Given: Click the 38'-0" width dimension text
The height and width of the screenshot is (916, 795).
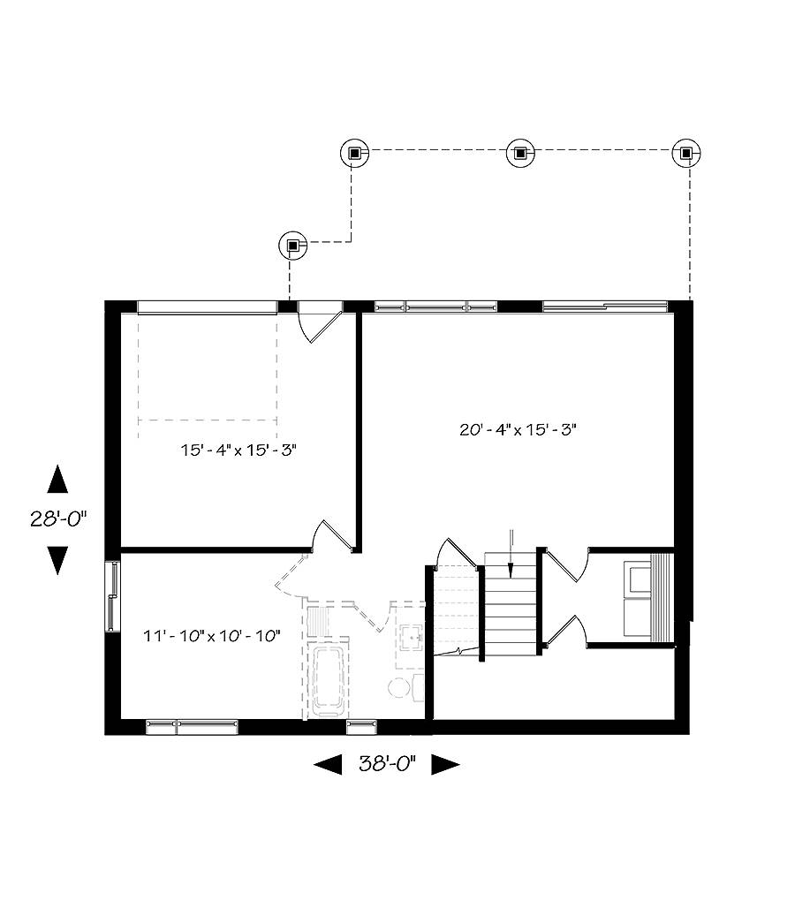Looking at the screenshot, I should (386, 764).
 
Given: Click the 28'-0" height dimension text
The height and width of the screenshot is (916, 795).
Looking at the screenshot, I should (60, 519).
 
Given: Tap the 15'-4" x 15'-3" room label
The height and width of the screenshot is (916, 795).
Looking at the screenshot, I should (238, 450).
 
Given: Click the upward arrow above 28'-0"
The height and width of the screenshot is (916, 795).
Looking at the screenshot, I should (57, 480).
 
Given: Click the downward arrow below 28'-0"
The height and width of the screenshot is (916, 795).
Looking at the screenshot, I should (57, 560).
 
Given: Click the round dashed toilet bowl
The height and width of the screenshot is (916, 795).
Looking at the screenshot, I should (399, 688).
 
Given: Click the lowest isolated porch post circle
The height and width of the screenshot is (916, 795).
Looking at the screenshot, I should (292, 245).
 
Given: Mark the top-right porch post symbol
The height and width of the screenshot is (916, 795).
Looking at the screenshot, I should (686, 153).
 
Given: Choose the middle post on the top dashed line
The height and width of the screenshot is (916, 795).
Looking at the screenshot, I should (520, 153).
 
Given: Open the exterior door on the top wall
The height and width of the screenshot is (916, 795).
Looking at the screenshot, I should (318, 321).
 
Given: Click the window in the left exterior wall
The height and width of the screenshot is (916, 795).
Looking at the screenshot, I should (112, 597).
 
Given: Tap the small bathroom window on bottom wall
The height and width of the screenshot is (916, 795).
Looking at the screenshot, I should (361, 727).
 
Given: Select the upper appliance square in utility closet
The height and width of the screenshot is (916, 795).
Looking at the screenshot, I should (637, 579).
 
